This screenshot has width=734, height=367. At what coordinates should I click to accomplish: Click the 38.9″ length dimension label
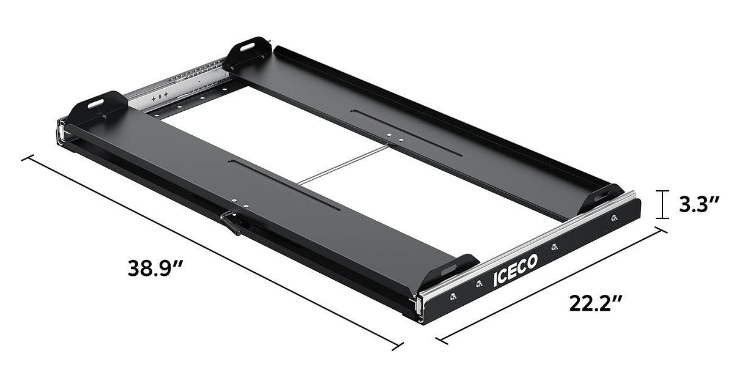click(156, 268)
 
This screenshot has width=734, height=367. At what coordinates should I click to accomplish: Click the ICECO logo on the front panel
click(515, 270)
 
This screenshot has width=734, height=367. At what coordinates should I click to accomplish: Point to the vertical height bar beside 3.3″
click(661, 204)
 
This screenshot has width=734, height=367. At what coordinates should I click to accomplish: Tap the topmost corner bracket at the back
click(248, 51)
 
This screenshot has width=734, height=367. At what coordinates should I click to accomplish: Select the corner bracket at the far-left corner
click(95, 106)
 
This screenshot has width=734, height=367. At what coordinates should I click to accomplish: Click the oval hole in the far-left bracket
click(96, 105)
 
